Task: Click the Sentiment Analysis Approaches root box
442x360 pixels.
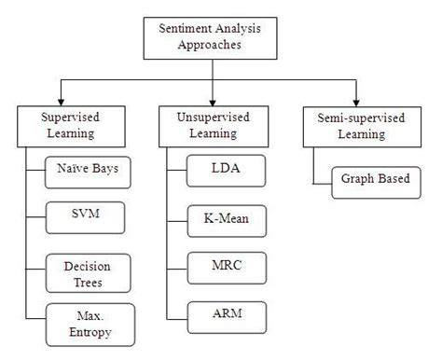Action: point(212,35)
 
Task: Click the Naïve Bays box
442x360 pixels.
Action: point(89,173)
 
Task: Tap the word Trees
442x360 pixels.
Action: point(89,281)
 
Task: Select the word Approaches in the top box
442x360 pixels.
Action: point(212,44)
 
